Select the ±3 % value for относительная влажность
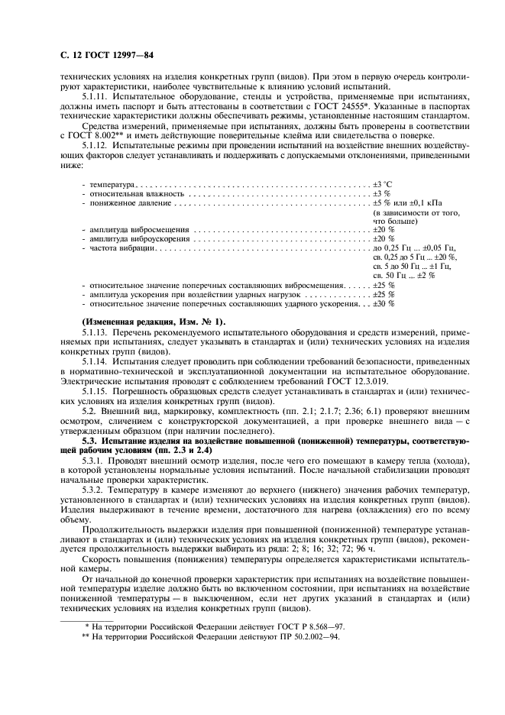(x=381, y=195)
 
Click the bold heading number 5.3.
(x=89, y=441)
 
